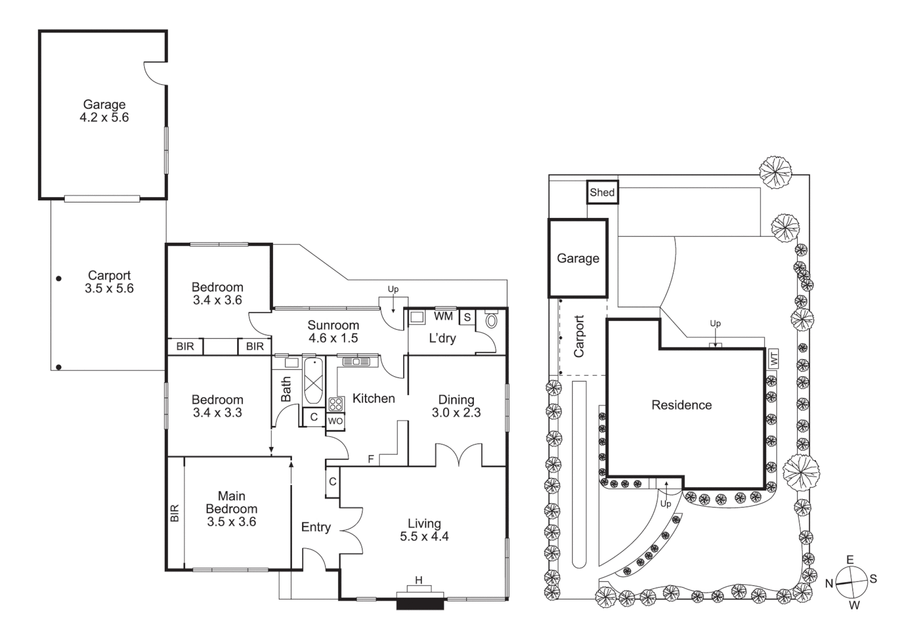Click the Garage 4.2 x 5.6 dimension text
tap(104, 118)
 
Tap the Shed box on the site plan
tap(602, 193)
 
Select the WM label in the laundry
tap(443, 316)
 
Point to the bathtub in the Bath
tap(314, 381)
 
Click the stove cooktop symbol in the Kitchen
tap(336, 404)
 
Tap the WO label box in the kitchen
tap(335, 421)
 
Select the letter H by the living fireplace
tap(419, 581)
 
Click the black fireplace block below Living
tap(420, 604)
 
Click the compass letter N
tap(828, 584)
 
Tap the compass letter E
tap(850, 559)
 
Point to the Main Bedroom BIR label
tap(174, 513)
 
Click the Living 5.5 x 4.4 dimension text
tap(424, 536)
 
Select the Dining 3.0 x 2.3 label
tap(456, 407)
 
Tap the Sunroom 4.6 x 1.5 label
tap(333, 332)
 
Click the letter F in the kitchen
tap(371, 459)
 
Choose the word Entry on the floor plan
tap(316, 527)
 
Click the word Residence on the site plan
tap(681, 405)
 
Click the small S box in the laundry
tap(467, 317)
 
